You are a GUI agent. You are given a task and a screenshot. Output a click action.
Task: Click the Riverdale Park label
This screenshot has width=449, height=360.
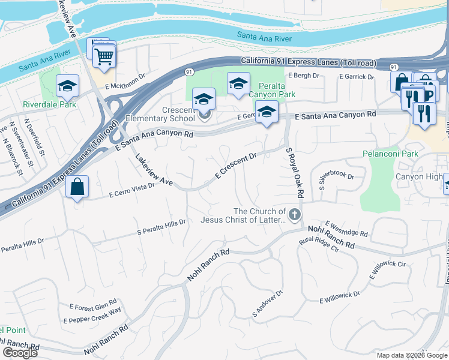(x=49, y=104)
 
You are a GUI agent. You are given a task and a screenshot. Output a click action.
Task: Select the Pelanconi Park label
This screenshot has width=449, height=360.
(x=390, y=154)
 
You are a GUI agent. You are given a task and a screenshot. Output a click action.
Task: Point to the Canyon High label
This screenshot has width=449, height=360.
(x=418, y=176)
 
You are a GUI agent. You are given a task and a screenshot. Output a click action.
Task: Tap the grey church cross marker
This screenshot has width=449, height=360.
(x=294, y=214)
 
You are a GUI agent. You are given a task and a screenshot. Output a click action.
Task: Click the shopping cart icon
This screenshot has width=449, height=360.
(x=104, y=58)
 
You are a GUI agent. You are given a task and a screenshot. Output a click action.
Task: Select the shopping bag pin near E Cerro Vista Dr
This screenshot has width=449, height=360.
(x=77, y=187)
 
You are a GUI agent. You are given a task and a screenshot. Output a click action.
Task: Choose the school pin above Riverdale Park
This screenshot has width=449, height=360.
(x=68, y=86)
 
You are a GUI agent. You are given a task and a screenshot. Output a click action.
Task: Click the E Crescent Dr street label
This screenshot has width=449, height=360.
(x=236, y=164)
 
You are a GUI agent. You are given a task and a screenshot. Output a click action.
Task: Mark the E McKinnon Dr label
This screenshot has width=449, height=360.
(x=125, y=82)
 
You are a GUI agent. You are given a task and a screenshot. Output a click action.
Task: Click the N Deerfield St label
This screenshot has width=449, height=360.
(x=34, y=134)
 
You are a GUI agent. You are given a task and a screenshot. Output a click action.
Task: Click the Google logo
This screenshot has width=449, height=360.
(x=20, y=353)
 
